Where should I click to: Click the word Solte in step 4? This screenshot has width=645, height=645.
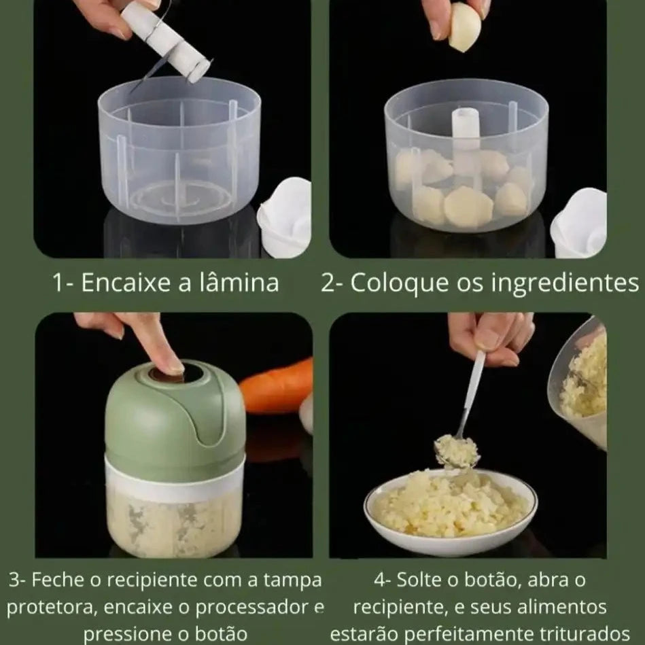(x=417, y=580)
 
